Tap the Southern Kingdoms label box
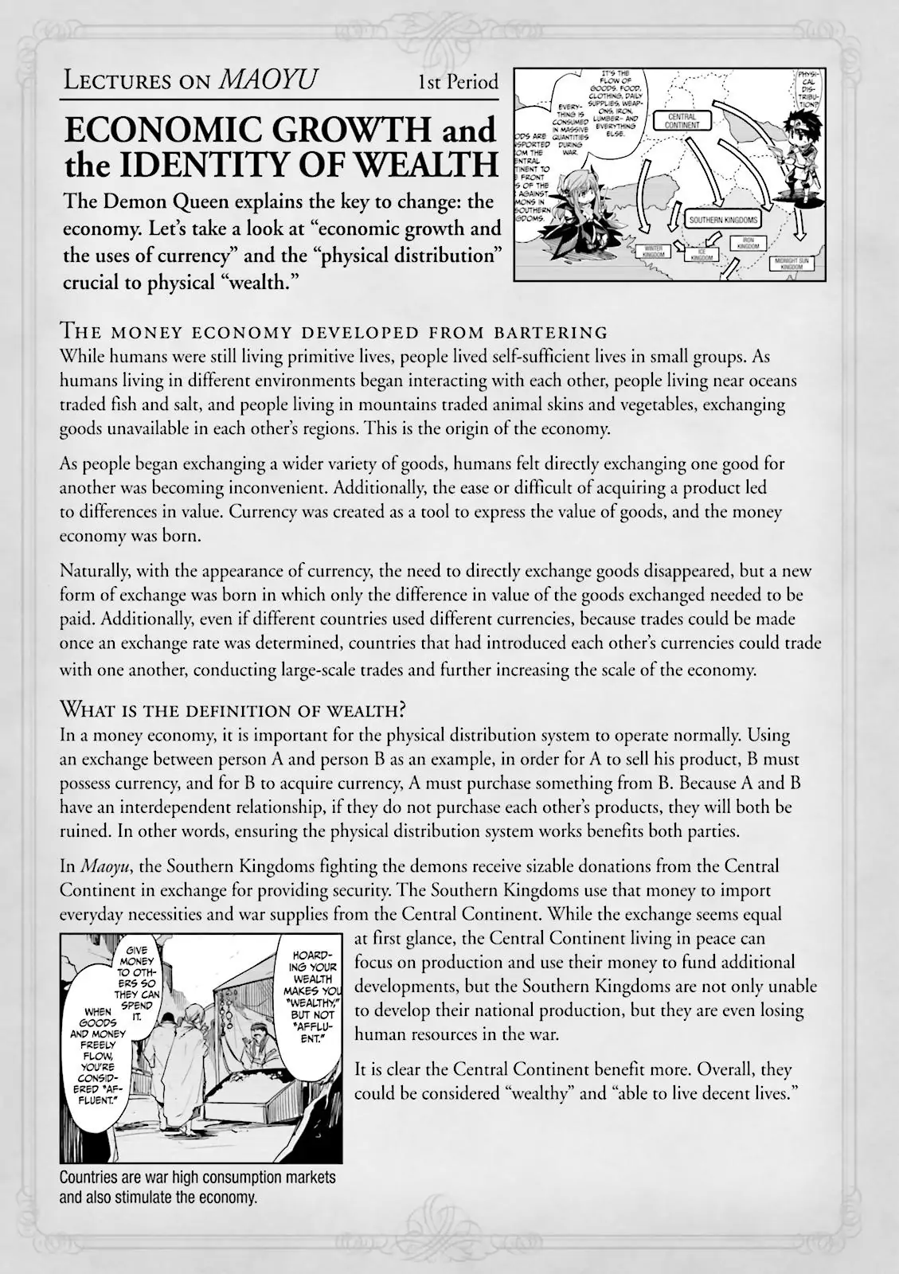pos(724,220)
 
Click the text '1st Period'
pos(459,81)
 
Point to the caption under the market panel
pos(197,1186)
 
